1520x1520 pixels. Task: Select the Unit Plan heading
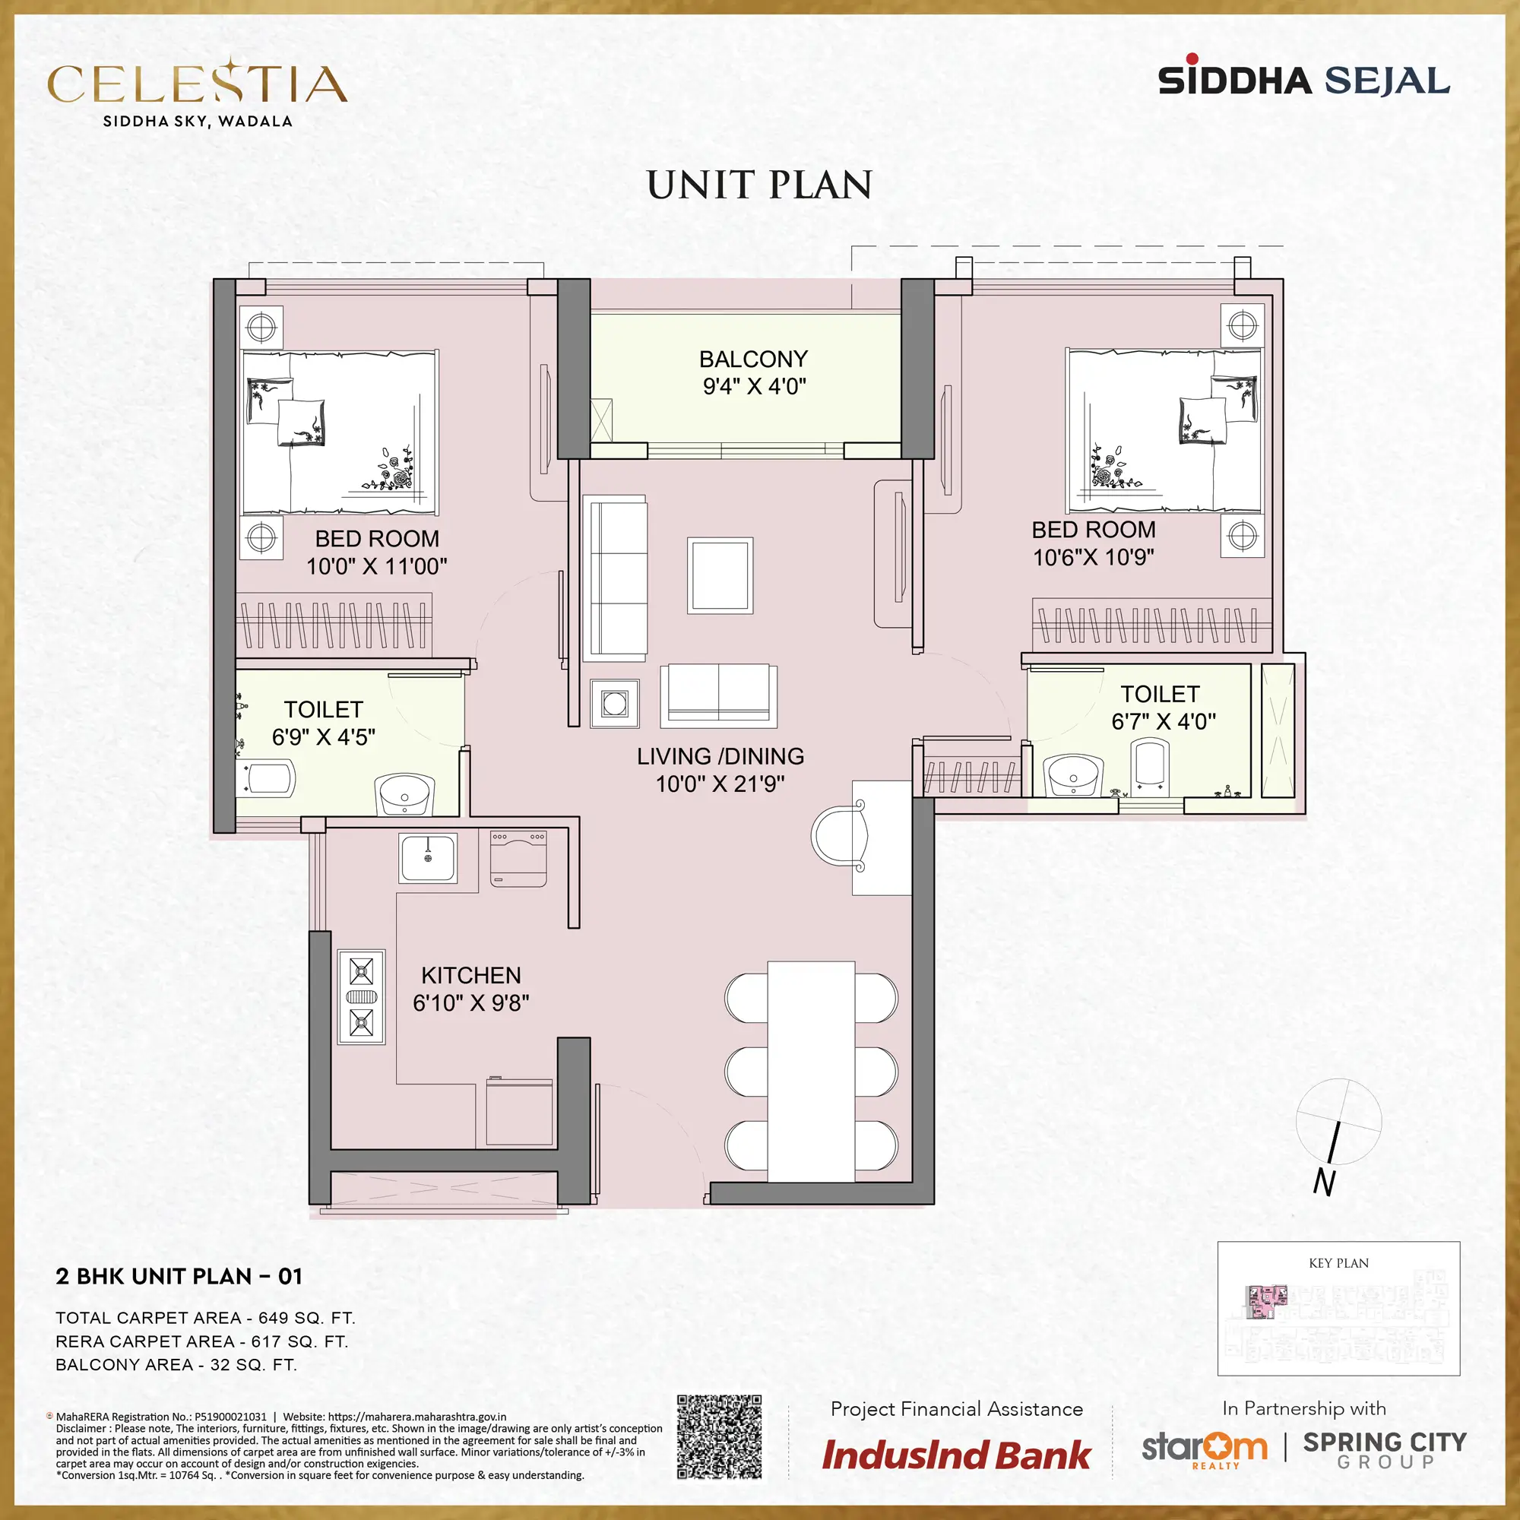click(x=759, y=185)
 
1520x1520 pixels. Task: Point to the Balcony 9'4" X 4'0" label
click(x=754, y=372)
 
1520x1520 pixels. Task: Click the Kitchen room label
click(x=470, y=976)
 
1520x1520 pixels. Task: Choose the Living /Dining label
click(x=720, y=756)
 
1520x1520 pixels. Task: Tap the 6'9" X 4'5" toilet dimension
click(x=323, y=737)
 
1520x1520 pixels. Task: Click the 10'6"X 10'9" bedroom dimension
click(x=1093, y=558)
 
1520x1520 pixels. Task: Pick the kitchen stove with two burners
click(x=361, y=997)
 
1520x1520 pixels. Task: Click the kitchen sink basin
click(x=428, y=857)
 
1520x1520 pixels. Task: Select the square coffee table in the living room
click(x=720, y=576)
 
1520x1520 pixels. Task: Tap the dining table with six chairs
click(x=811, y=1072)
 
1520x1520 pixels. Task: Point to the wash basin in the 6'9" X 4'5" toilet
click(x=404, y=795)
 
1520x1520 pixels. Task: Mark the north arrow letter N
click(x=1324, y=1183)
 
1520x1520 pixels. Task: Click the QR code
click(x=719, y=1437)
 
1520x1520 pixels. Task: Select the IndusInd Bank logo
click(x=956, y=1455)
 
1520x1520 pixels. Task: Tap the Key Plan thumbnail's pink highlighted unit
click(x=1265, y=1302)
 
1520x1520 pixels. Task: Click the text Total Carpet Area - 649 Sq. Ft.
click(x=205, y=1318)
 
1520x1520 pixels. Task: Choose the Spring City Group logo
click(x=1385, y=1450)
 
